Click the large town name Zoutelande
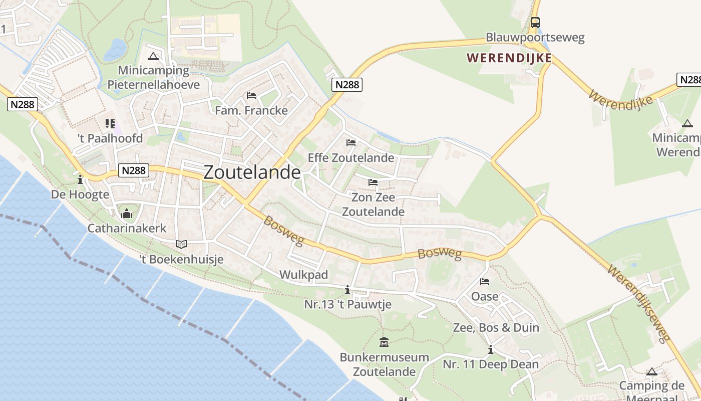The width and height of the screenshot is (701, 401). [252, 172]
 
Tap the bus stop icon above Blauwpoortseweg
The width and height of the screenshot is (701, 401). [535, 23]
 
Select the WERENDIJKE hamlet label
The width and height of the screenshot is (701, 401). [509, 58]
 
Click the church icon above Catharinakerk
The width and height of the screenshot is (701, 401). [127, 214]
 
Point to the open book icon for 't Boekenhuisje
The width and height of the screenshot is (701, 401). [181, 245]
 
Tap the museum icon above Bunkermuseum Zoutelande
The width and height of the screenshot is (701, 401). [384, 342]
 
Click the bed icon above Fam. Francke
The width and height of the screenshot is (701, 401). [251, 96]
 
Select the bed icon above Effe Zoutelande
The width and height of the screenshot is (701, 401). [350, 143]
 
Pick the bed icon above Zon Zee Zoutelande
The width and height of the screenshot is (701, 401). [373, 182]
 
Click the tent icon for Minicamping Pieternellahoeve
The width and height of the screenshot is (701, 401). [153, 56]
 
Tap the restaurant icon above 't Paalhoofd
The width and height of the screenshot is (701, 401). [110, 123]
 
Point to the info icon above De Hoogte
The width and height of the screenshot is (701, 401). [80, 179]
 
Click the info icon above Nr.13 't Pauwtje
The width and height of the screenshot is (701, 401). [347, 290]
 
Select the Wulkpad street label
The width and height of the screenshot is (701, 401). [303, 275]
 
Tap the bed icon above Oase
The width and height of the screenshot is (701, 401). [485, 282]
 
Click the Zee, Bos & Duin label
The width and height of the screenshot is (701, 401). [496, 328]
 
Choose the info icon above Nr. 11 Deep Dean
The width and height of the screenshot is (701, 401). [491, 350]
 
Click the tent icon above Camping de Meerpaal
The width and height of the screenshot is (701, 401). [651, 372]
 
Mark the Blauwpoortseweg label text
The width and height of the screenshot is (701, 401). [535, 38]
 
